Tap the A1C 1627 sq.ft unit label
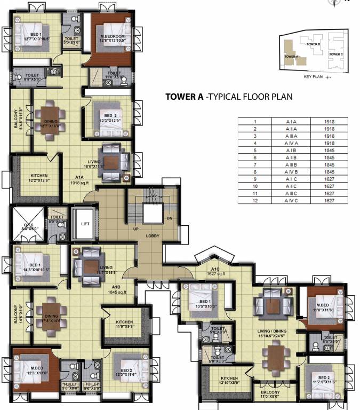tap(215, 271)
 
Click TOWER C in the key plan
tap(335, 54)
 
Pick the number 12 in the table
tap(255, 200)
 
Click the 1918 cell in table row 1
tap(329, 122)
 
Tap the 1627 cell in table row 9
tap(329, 179)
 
